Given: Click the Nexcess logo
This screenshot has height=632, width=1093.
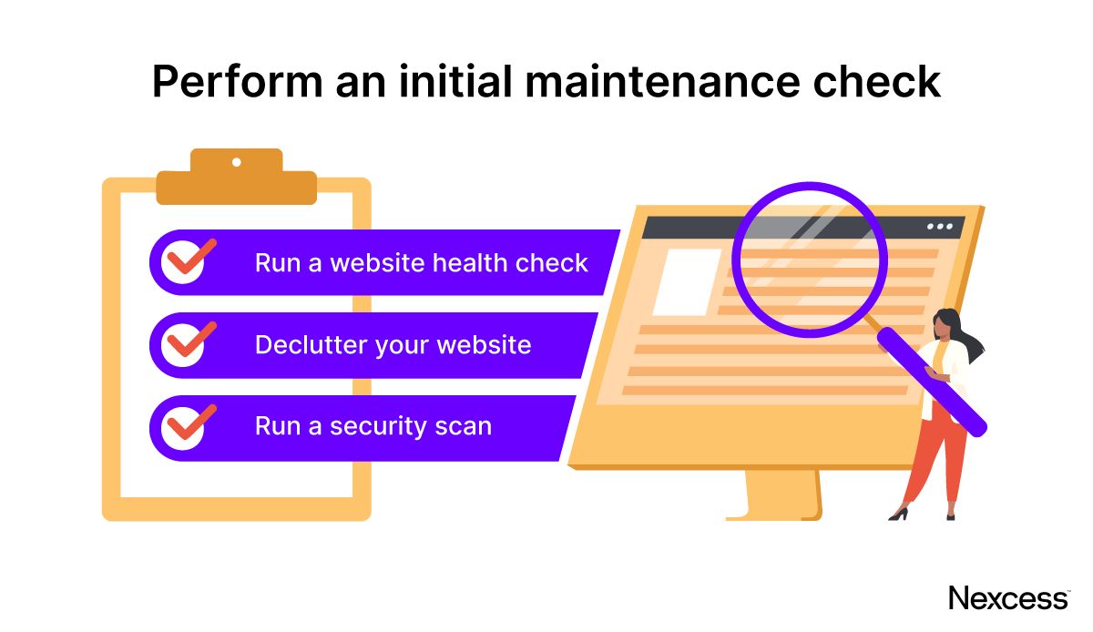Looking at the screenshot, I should pyautogui.click(x=1007, y=598).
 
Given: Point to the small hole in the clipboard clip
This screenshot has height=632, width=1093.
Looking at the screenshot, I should pyautogui.click(x=237, y=162).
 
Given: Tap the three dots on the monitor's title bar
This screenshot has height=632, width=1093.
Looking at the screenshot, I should pyautogui.click(x=939, y=226).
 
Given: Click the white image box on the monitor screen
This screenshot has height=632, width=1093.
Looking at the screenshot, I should pyautogui.click(x=685, y=281).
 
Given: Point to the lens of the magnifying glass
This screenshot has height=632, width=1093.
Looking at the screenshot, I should pyautogui.click(x=809, y=260).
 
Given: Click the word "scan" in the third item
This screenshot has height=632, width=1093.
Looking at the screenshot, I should pyautogui.click(x=463, y=427).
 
